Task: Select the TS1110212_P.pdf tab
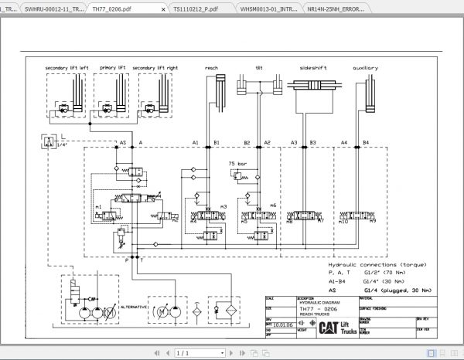click(196, 9)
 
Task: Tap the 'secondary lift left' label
click(67, 68)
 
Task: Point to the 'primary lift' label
click(111, 68)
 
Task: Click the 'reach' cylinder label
click(211, 68)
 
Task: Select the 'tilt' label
click(258, 68)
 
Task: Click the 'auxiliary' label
click(365, 68)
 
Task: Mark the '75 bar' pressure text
click(237, 164)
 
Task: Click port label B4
click(366, 143)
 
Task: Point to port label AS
click(122, 143)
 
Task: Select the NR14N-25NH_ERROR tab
click(422, 9)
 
